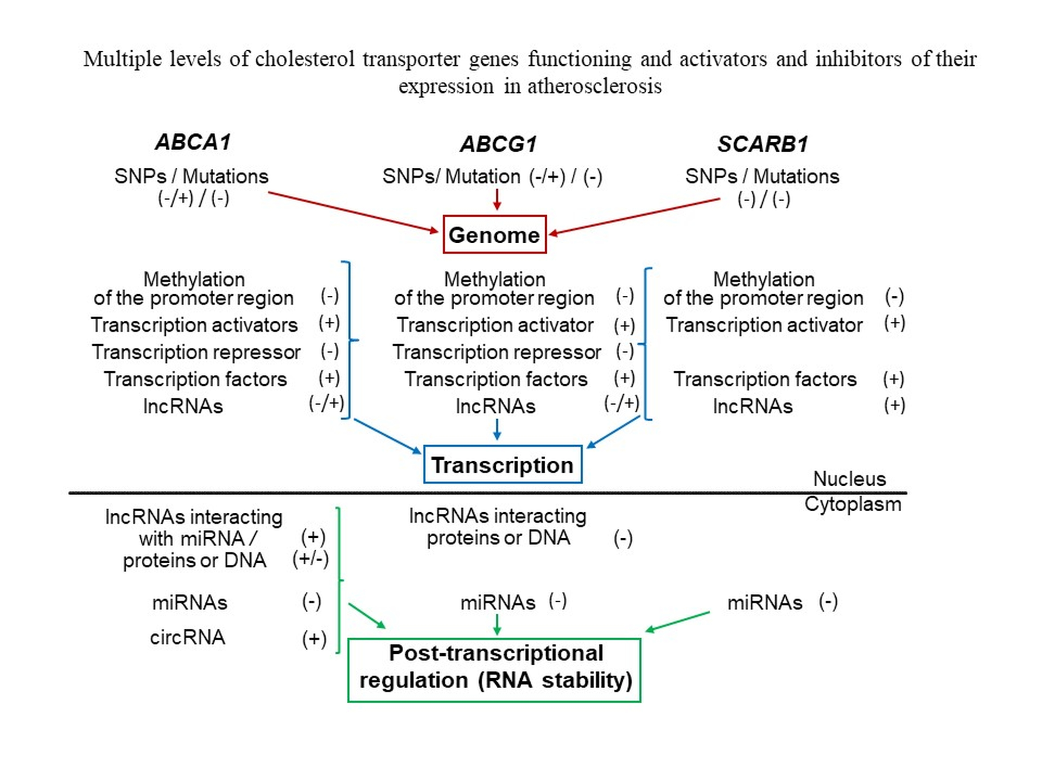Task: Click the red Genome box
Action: [x=494, y=234]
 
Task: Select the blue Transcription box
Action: [x=502, y=465]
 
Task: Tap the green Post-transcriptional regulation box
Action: [x=494, y=670]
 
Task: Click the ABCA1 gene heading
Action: [x=193, y=142]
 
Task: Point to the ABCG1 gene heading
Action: [x=498, y=144]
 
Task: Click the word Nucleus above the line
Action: [x=849, y=479]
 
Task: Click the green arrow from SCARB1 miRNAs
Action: [x=677, y=621]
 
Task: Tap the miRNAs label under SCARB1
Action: [x=764, y=603]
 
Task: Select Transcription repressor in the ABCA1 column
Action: [x=196, y=352]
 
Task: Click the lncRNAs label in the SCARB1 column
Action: [x=752, y=406]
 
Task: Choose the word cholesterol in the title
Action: [x=304, y=59]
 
